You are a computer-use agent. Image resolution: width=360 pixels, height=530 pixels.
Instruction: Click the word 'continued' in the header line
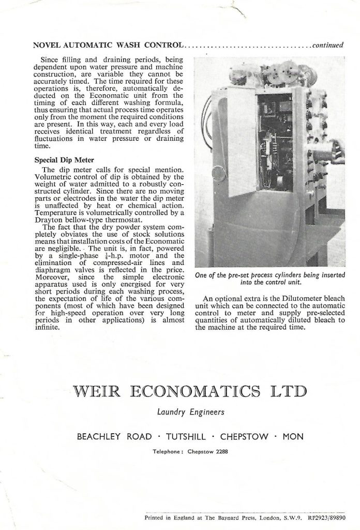coord(327,45)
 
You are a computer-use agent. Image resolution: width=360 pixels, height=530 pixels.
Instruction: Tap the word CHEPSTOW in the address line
coord(244,436)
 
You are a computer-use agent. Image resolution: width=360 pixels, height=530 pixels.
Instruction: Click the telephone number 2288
coord(221,451)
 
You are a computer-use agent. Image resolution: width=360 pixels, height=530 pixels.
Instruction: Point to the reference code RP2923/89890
coord(324,517)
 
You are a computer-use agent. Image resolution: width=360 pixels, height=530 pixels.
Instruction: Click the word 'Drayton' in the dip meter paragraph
coord(47,218)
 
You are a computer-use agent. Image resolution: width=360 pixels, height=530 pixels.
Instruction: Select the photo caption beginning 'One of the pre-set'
coord(269,278)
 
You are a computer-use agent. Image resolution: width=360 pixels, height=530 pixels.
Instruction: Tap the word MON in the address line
coord(292,436)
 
